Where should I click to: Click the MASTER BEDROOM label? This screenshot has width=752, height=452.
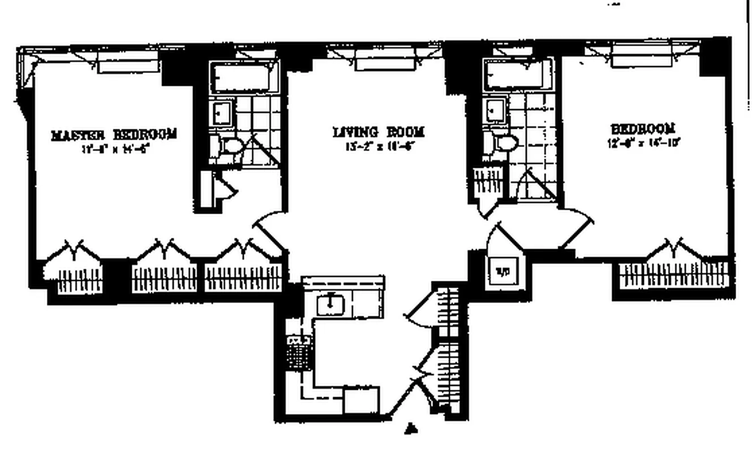click(x=114, y=134)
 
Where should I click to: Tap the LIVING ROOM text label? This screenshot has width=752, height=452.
click(x=378, y=132)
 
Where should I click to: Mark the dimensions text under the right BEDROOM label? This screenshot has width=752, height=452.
click(x=642, y=143)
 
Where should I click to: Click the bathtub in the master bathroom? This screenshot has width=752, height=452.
click(x=244, y=77)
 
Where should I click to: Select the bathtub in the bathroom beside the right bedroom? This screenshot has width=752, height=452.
click(x=518, y=74)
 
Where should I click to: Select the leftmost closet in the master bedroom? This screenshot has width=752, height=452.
click(x=74, y=275)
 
